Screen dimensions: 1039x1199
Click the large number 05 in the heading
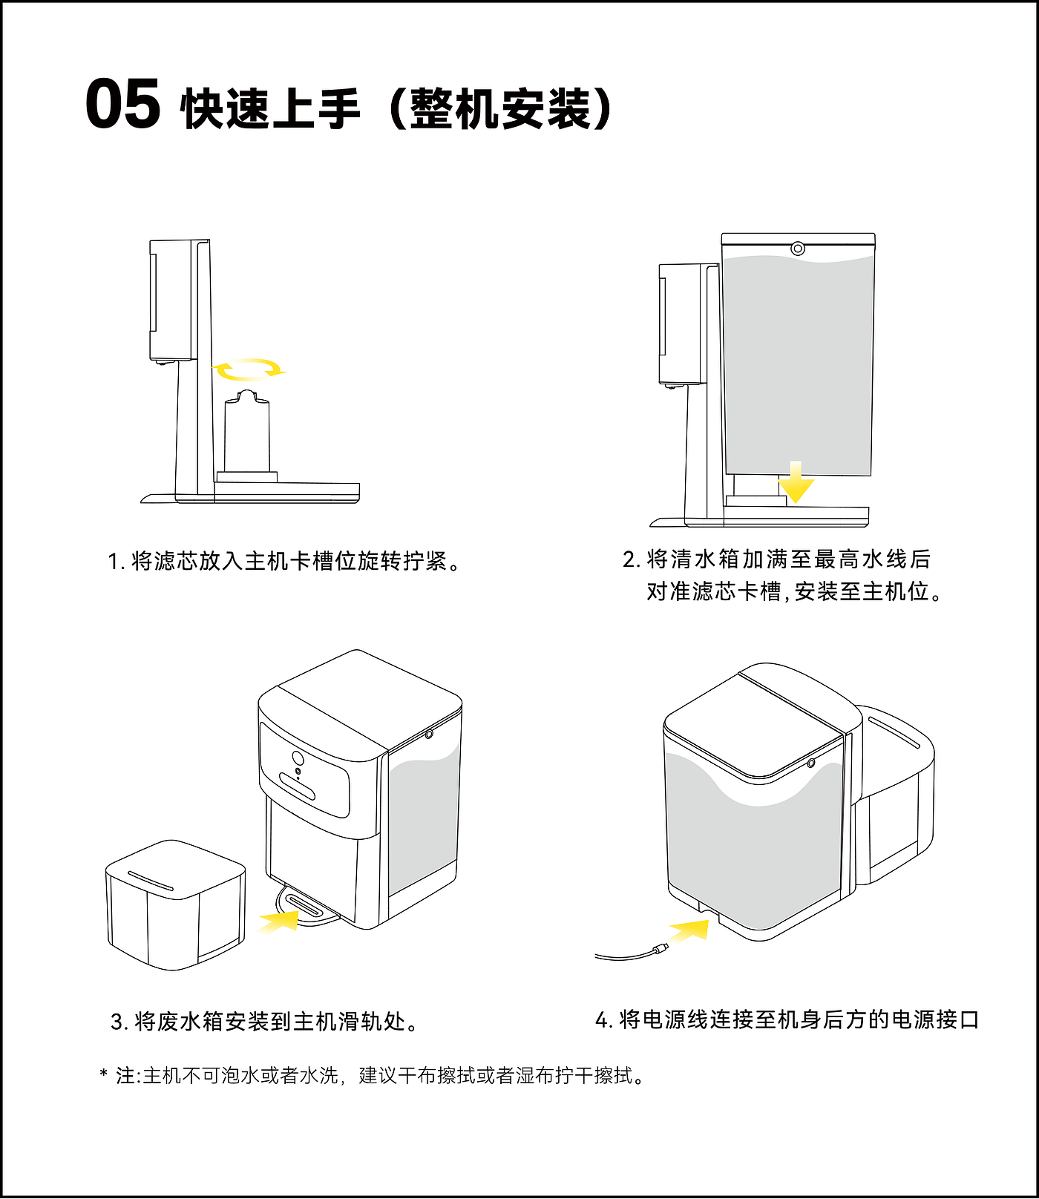pyautogui.click(x=122, y=105)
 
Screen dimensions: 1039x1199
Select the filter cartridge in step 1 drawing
pyautogui.click(x=247, y=434)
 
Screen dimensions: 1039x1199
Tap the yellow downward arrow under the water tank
pyautogui.click(x=796, y=484)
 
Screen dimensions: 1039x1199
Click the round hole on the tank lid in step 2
pyautogui.click(x=798, y=249)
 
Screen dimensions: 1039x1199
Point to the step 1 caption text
pyautogui.click(x=284, y=561)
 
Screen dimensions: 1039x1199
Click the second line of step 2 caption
pyautogui.click(x=794, y=592)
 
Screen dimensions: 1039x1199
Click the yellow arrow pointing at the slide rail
pyautogui.click(x=279, y=922)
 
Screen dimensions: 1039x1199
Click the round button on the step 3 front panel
pyautogui.click(x=298, y=758)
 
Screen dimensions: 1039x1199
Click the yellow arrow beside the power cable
pyautogui.click(x=689, y=930)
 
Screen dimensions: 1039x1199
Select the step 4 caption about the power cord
pyautogui.click(x=787, y=1020)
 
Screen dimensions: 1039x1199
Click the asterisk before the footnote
pyautogui.click(x=104, y=1074)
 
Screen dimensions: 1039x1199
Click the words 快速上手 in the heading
pyautogui.click(x=270, y=109)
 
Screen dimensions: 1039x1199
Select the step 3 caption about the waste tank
pyautogui.click(x=265, y=1022)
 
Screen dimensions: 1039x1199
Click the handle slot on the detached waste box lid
pyautogui.click(x=151, y=881)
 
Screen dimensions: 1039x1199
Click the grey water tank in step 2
pyautogui.click(x=798, y=364)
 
